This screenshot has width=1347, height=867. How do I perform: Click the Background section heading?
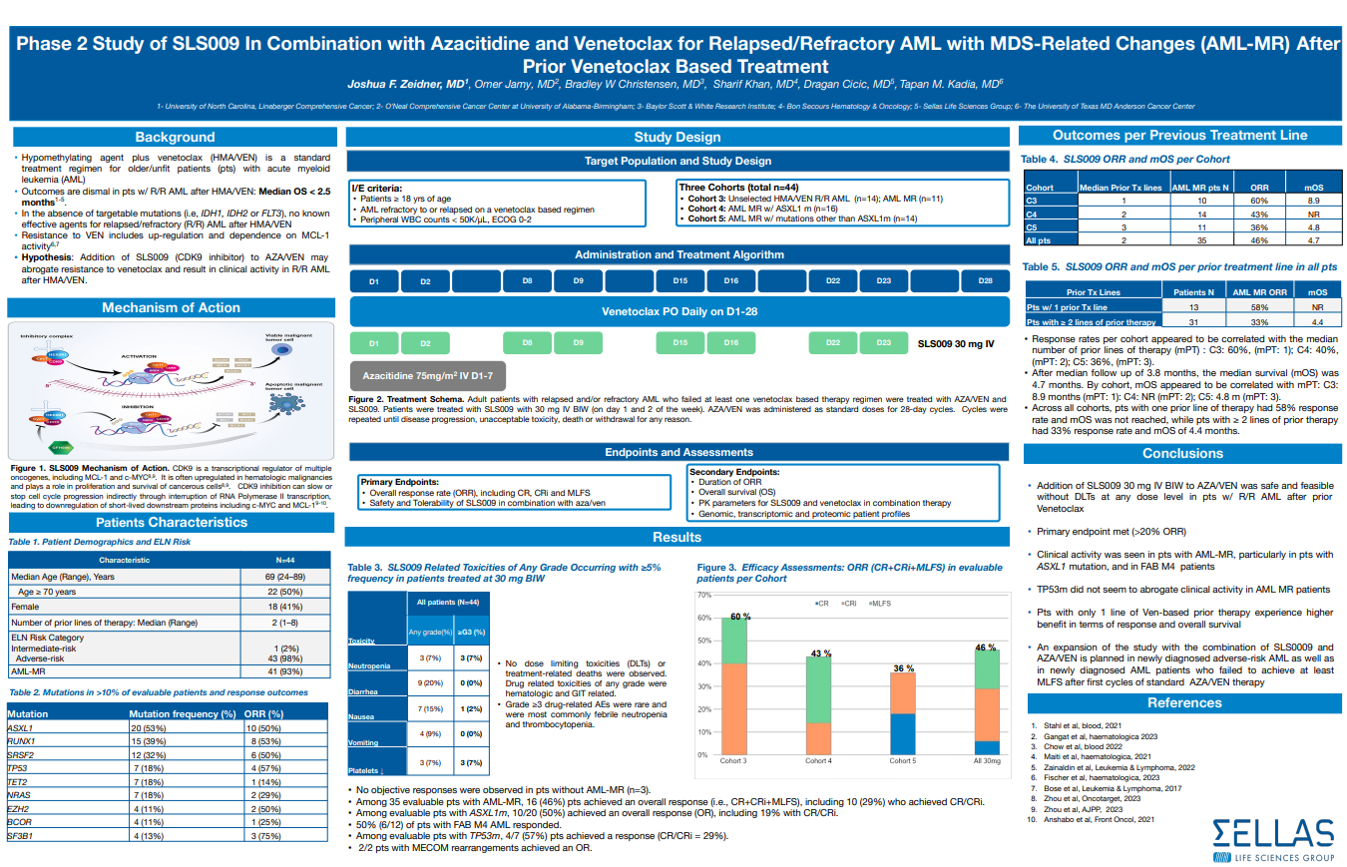175,137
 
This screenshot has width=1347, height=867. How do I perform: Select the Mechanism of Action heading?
171,307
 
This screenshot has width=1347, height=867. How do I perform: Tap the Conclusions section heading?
1182,453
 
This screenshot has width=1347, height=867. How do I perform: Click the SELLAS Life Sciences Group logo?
1272,838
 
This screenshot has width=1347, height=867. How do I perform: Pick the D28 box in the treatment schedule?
985,281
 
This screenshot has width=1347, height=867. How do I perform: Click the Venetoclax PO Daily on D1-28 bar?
678,311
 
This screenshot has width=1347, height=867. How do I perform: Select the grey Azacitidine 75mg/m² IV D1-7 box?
427,377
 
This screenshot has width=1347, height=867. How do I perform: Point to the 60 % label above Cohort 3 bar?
738,617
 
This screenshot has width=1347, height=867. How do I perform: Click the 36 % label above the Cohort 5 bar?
903,667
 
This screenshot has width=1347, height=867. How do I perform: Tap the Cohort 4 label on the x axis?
818,760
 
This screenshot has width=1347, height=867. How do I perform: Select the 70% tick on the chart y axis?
703,595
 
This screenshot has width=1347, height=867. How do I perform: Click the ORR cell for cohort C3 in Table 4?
1259,201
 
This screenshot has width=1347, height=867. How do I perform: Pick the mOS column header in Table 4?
1315,187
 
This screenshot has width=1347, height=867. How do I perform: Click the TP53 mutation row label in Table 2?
17,769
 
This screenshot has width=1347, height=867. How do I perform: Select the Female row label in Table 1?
25,606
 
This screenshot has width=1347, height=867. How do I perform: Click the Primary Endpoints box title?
398,481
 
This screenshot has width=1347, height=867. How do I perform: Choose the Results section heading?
676,537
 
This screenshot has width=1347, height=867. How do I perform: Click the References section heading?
1182,702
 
